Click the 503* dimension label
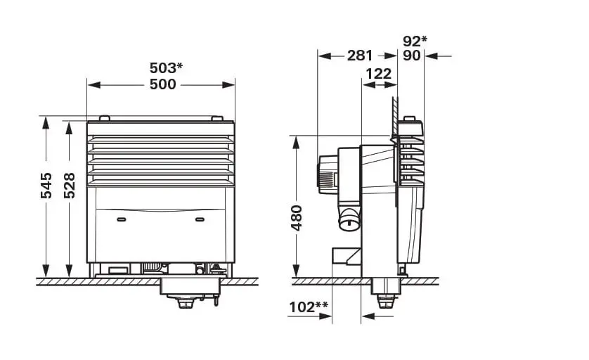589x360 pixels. pyautogui.click(x=166, y=68)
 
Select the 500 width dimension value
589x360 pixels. pyautogui.click(x=163, y=84)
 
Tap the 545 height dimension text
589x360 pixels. pyautogui.click(x=46, y=186)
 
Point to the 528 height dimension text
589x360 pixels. pyautogui.click(x=69, y=186)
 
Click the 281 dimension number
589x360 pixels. pyautogui.click(x=360, y=56)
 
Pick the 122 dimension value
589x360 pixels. pyautogui.click(x=379, y=74)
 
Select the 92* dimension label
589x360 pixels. pyautogui.click(x=415, y=41)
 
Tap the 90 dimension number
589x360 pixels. pyautogui.click(x=412, y=56)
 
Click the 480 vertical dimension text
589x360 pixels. pyautogui.click(x=297, y=218)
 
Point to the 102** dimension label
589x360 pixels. pyautogui.click(x=309, y=307)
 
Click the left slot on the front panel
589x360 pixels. pyautogui.click(x=122, y=220)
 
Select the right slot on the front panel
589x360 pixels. pyautogui.click(x=200, y=220)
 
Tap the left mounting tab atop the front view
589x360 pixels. pyautogui.click(x=104, y=118)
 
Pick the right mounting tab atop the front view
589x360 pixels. pyautogui.click(x=217, y=118)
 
